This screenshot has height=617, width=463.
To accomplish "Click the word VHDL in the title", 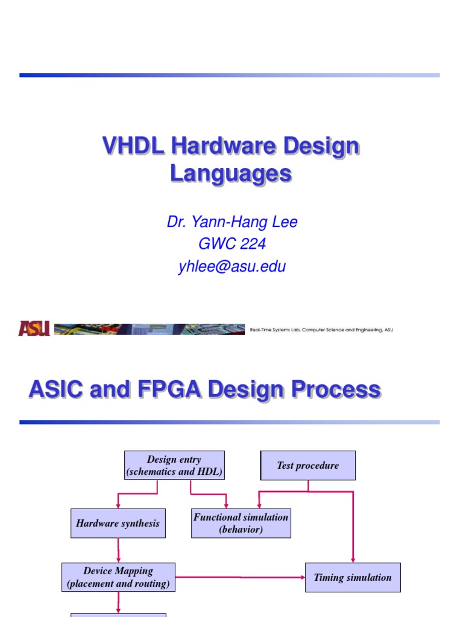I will click(133, 146).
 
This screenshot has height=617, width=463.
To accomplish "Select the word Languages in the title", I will click(231, 174).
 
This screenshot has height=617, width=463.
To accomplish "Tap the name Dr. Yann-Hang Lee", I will click(232, 222).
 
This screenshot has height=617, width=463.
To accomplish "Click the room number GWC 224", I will click(232, 245).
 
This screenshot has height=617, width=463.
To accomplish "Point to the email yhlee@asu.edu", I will click(232, 267).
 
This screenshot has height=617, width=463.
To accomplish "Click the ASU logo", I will click(34, 328).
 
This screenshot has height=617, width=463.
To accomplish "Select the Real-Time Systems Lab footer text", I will click(321, 330).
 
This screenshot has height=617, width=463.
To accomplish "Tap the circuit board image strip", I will click(149, 329).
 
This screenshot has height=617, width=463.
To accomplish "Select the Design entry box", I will click(174, 465).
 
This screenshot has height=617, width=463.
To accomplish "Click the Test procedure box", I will click(307, 465).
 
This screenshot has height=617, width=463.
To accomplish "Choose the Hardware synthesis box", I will click(118, 523).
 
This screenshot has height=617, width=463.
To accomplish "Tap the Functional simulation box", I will click(241, 523).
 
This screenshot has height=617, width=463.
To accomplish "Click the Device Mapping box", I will click(118, 577).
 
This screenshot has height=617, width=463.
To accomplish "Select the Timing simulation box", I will click(353, 577).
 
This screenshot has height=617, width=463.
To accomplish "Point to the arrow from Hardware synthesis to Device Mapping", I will click(118, 551).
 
